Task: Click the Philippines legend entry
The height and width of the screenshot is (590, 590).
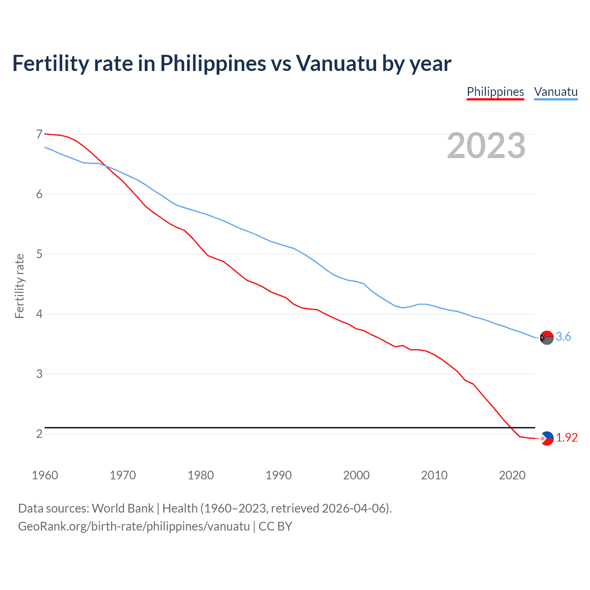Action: tap(495, 92)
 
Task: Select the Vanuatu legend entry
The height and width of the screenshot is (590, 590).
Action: tap(555, 92)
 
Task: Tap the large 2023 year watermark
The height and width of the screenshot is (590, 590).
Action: tap(486, 146)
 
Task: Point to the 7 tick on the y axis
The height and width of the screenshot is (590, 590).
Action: tap(39, 134)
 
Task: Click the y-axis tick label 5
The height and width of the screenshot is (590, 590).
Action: tap(39, 254)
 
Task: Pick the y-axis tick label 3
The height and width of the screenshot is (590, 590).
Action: tap(39, 374)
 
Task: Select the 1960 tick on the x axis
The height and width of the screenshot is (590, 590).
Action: tap(45, 475)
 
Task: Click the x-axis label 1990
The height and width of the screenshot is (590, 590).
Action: tap(278, 475)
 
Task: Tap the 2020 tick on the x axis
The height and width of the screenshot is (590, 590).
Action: tap(512, 475)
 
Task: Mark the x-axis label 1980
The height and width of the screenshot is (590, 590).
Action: tap(201, 475)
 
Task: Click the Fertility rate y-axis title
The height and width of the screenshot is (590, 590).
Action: tap(19, 286)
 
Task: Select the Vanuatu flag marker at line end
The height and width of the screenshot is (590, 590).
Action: tap(546, 337)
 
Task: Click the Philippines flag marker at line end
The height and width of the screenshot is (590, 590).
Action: tap(546, 438)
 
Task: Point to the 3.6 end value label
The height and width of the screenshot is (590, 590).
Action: tap(563, 337)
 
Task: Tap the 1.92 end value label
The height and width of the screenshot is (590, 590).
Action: tap(566, 438)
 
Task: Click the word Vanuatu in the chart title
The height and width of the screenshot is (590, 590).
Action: tap(336, 63)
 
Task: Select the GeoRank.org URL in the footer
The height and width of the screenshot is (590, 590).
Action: tap(134, 526)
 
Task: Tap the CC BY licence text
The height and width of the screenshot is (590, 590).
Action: tap(275, 526)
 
